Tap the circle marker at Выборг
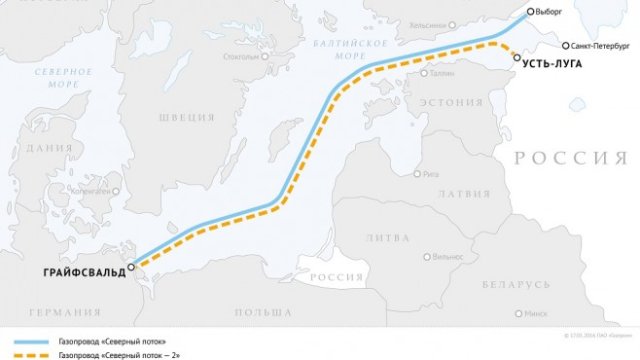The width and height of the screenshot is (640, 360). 532,13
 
